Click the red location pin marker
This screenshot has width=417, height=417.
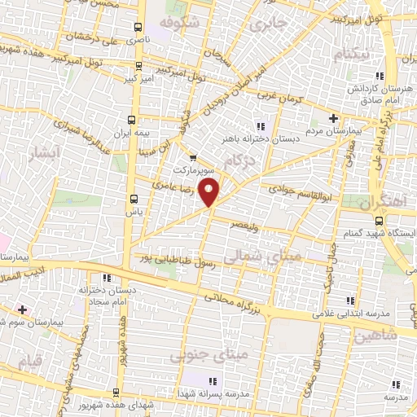click(x=210, y=192)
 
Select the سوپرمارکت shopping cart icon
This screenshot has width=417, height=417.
click(x=192, y=158)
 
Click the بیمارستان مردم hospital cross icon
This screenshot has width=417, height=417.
click(x=333, y=118)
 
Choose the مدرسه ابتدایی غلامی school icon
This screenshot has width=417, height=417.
click(x=350, y=301)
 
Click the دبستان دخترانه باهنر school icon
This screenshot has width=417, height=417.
click(x=261, y=126)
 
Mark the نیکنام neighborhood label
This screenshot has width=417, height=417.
click(x=353, y=53)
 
